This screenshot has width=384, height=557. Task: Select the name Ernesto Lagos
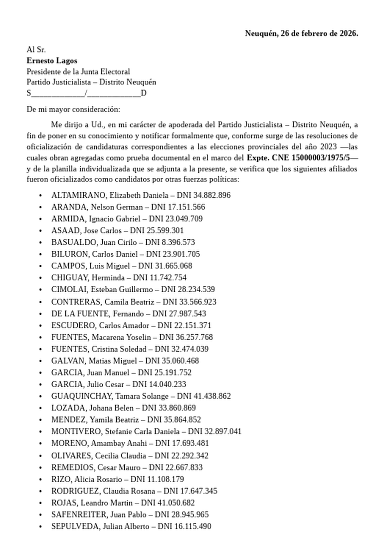click(52, 60)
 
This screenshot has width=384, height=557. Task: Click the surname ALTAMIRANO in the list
click(78, 195)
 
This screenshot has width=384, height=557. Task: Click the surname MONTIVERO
click(75, 432)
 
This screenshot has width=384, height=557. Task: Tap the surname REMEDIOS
click(72, 467)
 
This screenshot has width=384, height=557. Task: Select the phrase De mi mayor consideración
click(73, 109)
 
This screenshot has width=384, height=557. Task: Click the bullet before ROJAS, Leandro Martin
click(40, 503)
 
